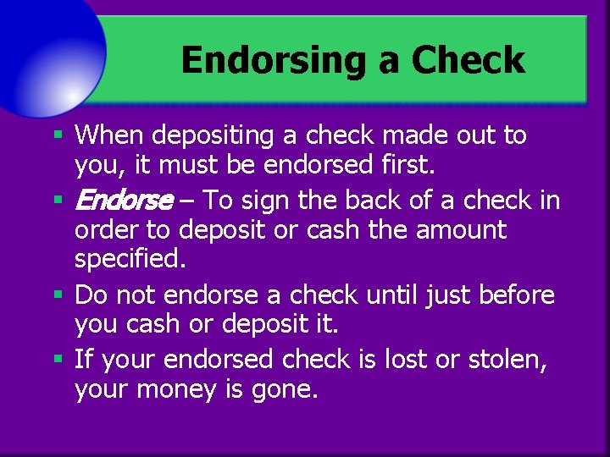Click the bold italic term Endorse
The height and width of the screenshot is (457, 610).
[124, 201]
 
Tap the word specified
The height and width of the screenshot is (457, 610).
[129, 259]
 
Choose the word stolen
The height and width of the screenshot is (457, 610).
[511, 360]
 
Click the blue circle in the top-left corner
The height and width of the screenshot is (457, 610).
[42, 47]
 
